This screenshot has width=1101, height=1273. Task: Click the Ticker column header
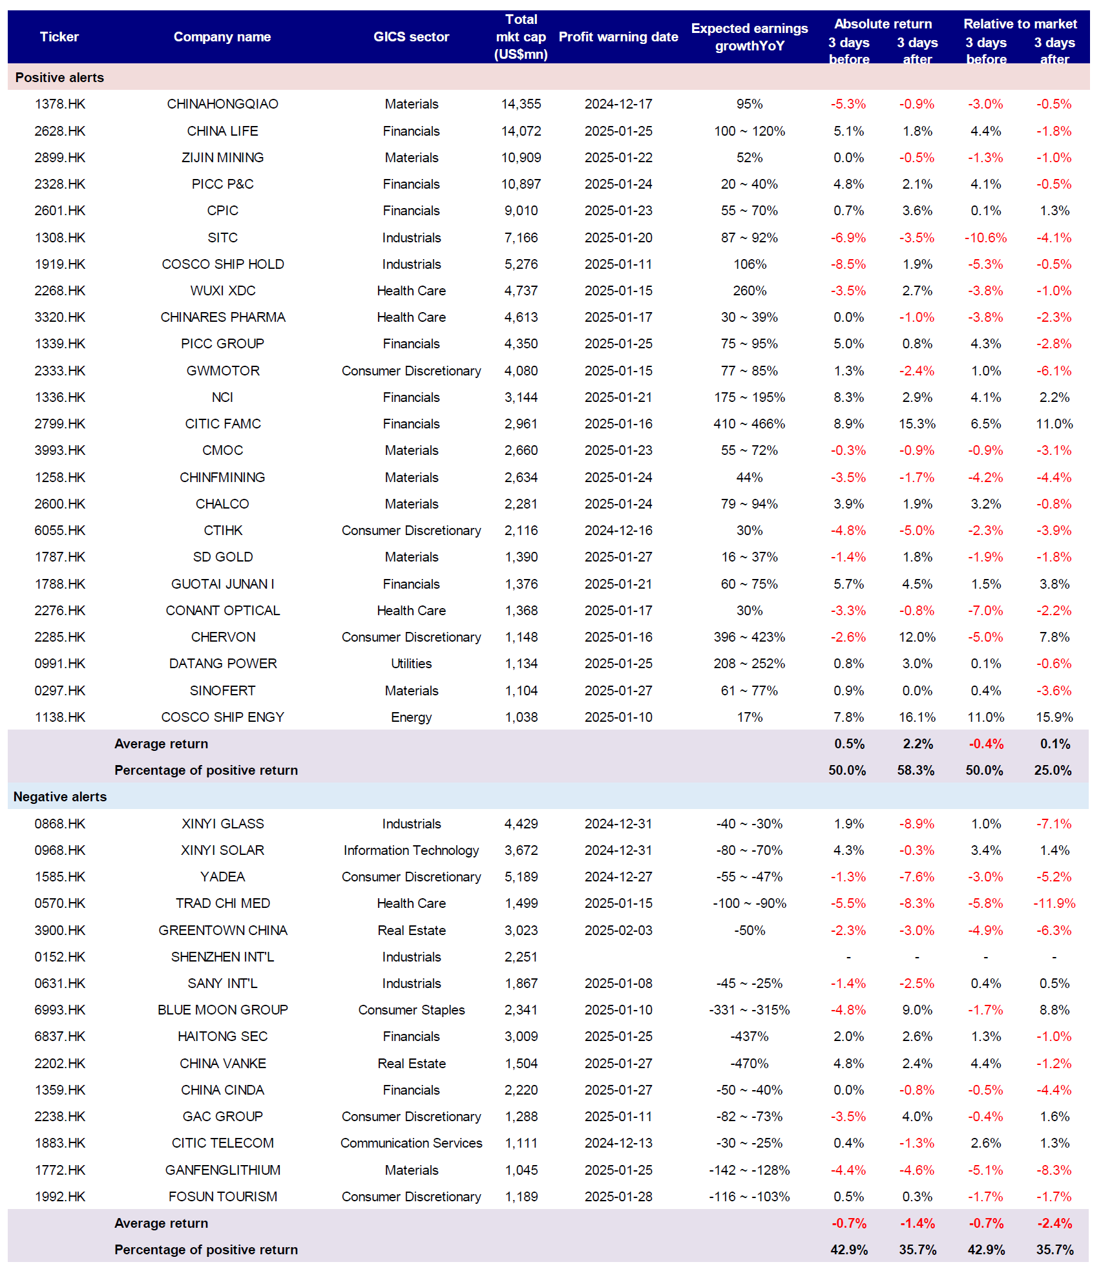click(x=59, y=37)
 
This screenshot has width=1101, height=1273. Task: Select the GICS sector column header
click(x=411, y=37)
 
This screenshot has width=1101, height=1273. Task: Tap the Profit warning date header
click(x=618, y=37)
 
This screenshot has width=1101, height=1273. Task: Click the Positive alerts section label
click(x=59, y=78)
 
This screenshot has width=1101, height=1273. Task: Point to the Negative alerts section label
click(x=60, y=797)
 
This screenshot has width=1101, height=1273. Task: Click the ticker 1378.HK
click(x=59, y=104)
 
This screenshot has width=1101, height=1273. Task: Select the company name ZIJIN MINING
click(x=222, y=158)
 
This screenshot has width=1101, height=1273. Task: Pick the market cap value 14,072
click(x=521, y=131)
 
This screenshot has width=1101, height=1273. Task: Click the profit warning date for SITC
click(x=618, y=238)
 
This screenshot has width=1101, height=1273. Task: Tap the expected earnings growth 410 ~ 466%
click(x=749, y=424)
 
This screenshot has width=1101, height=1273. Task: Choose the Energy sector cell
click(x=411, y=717)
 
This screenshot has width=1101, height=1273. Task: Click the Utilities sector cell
click(x=411, y=664)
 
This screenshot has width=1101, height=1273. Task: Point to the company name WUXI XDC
click(x=222, y=291)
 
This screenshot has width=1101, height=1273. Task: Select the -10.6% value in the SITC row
click(x=985, y=238)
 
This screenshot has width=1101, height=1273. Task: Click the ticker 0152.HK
click(x=59, y=957)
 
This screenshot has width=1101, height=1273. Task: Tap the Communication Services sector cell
click(x=411, y=1143)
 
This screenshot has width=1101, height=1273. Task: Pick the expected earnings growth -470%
click(x=749, y=1064)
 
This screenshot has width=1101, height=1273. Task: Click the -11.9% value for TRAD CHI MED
click(x=1054, y=903)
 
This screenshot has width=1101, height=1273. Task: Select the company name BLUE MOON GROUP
click(x=222, y=1010)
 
